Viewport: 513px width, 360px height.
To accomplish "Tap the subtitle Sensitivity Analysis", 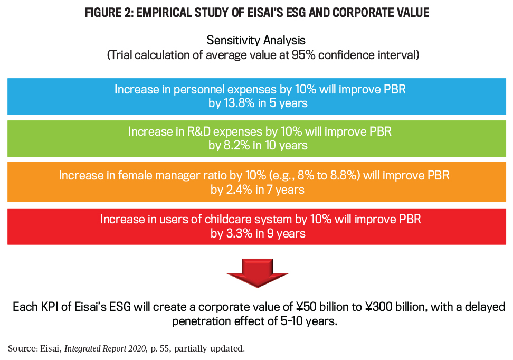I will point(256,40).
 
